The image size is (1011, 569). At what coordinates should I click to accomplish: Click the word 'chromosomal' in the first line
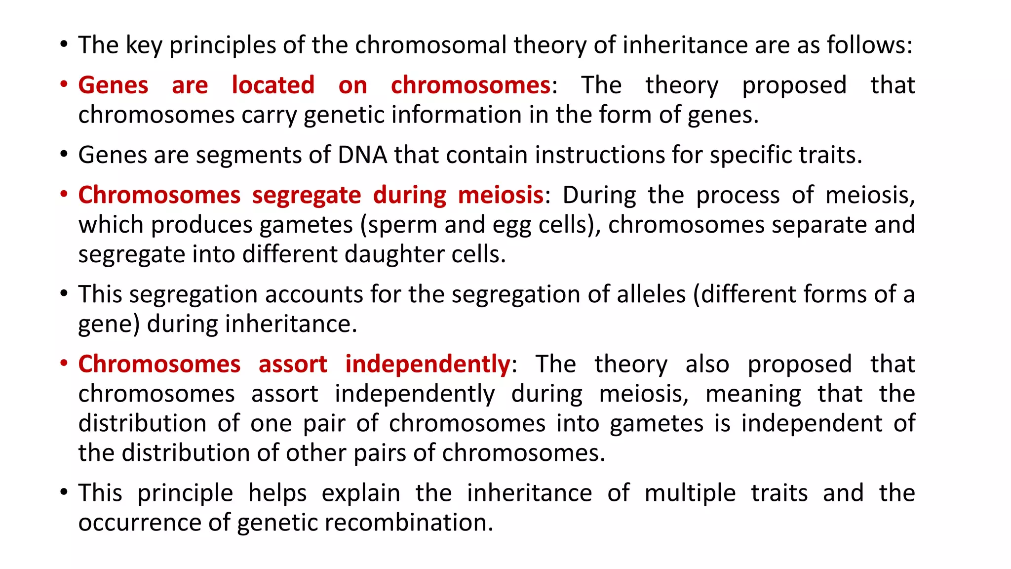(430, 45)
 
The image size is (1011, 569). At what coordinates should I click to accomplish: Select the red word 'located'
(273, 85)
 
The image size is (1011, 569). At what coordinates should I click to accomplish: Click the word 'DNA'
(362, 155)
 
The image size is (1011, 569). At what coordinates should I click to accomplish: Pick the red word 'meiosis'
(501, 195)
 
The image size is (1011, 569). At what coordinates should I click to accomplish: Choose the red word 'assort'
(293, 365)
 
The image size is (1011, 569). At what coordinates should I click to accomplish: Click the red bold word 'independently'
(428, 365)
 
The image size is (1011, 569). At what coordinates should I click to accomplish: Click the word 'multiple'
(690, 493)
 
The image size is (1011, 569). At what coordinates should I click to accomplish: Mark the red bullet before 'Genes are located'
(64, 84)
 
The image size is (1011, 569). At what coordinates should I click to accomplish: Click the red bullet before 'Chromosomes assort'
(64, 364)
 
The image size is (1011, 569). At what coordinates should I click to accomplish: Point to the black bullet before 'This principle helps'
(64, 492)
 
